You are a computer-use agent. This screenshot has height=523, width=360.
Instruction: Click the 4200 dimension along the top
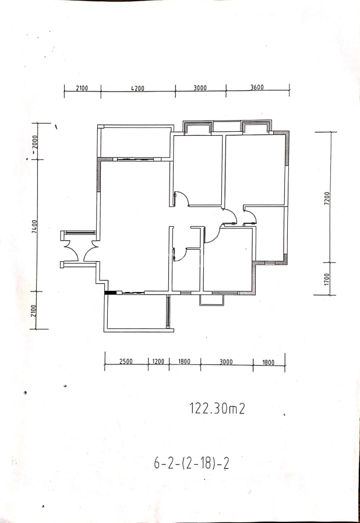(x=137, y=89)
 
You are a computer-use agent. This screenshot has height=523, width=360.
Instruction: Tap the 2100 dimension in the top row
(x=82, y=88)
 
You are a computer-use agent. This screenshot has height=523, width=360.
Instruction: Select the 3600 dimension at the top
(x=257, y=87)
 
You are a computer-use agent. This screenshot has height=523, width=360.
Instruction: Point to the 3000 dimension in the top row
(x=200, y=88)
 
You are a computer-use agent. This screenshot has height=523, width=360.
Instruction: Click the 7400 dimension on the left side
(x=35, y=226)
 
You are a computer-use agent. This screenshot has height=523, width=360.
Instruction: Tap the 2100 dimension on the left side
(x=33, y=311)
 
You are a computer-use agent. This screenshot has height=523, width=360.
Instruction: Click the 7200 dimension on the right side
(x=327, y=198)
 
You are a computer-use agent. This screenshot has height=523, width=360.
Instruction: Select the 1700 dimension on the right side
(x=327, y=279)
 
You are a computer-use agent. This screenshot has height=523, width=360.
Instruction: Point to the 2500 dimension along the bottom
(x=126, y=361)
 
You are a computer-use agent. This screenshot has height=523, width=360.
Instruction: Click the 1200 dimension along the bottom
(x=158, y=361)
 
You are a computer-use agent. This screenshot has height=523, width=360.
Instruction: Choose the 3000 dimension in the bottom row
(x=226, y=362)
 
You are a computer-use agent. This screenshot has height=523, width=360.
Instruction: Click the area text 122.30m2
(x=217, y=408)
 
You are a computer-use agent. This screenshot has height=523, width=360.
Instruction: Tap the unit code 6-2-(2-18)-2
(x=191, y=464)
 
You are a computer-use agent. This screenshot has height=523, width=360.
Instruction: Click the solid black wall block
(x=109, y=293)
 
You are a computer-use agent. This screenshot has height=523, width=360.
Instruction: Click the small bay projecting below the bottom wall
(x=211, y=300)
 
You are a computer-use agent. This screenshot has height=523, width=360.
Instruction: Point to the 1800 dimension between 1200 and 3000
(x=184, y=361)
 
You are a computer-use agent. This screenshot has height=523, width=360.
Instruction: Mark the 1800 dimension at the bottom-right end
(x=269, y=363)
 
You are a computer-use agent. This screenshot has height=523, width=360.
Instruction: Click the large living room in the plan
(x=135, y=227)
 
